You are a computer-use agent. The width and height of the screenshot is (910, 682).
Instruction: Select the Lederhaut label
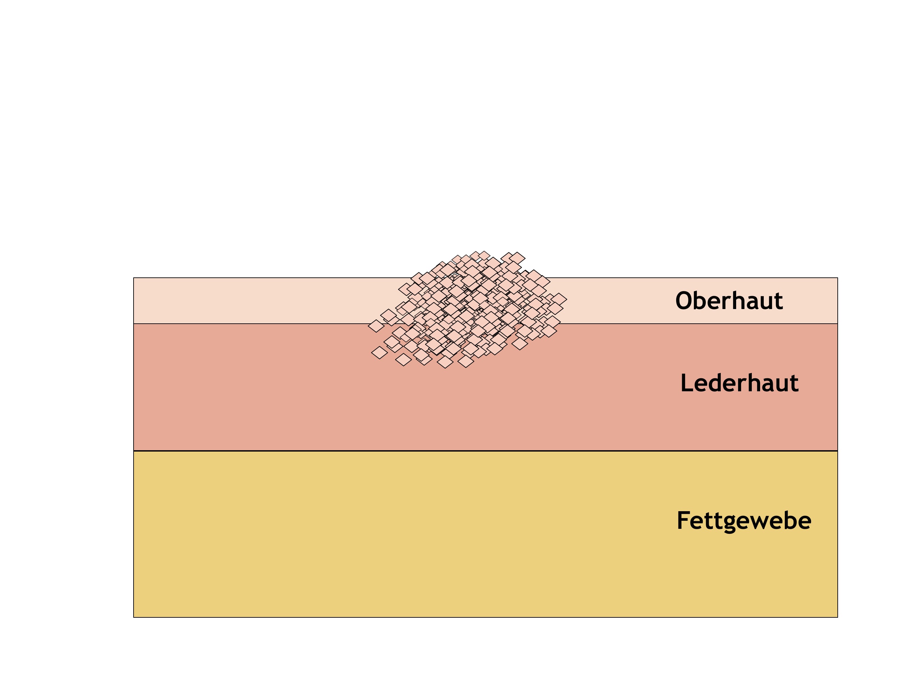pyautogui.click(x=739, y=383)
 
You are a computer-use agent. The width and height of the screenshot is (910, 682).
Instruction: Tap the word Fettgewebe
pyautogui.click(x=744, y=521)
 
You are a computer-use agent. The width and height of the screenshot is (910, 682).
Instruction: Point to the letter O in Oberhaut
pyautogui.click(x=684, y=301)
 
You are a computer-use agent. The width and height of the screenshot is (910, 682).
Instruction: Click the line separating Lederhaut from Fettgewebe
pyautogui.click(x=485, y=451)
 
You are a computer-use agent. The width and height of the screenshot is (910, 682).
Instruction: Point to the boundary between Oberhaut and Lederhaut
pyautogui.click(x=485, y=324)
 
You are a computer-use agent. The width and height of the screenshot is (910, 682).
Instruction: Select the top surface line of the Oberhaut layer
pyautogui.click(x=485, y=278)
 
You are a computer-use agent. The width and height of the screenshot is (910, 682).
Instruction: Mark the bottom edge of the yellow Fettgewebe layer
pyautogui.click(x=485, y=617)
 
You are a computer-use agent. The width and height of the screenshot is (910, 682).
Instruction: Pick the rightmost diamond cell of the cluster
pyautogui.click(x=559, y=299)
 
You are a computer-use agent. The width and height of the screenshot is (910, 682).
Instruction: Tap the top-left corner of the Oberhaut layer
pyautogui.click(x=134, y=278)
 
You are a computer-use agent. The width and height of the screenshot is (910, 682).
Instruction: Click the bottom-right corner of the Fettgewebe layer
pyautogui.click(x=838, y=617)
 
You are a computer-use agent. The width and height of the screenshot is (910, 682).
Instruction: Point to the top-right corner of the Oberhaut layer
pyautogui.click(x=838, y=278)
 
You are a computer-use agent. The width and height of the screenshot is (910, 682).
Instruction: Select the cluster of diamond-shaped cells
pyautogui.click(x=467, y=310)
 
